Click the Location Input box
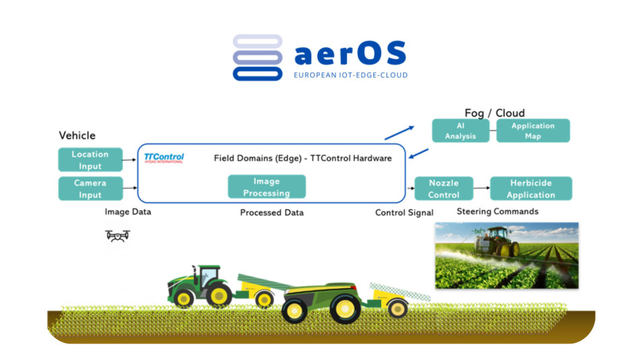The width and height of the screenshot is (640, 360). point(90,160)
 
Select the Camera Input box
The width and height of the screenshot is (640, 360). point(90,189)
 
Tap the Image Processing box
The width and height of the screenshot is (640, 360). point(267,187)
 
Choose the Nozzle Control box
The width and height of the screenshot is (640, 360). point(443,189)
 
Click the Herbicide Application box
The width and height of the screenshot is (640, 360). point(531,189)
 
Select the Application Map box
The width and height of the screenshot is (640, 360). point(533,131)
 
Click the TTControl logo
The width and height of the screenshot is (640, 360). point(164,158)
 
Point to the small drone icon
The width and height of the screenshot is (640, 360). point(118,235)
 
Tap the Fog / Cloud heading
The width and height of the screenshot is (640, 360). point(494,113)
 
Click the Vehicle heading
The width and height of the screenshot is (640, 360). point(77,136)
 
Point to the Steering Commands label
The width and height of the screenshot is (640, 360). point(498,212)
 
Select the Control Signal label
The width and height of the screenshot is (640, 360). point(404,213)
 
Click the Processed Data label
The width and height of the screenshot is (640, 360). point(272,213)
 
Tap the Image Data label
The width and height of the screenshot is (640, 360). point(128,212)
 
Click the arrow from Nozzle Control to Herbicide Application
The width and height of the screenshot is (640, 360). point(481,189)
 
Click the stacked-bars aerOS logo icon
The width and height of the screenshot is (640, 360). point(257,58)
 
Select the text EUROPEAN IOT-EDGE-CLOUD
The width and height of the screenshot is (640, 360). point(350,76)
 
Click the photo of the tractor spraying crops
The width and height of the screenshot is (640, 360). point(507,256)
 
